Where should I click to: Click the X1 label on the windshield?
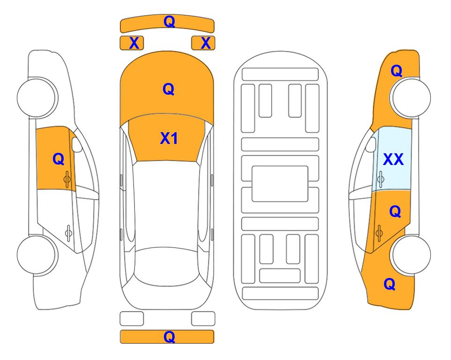click(169, 138)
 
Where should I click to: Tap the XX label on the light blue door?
click(393, 159)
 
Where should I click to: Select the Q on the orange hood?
click(169, 89)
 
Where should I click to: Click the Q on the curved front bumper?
click(169, 21)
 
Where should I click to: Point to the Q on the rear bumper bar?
click(169, 337)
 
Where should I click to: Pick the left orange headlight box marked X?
click(132, 43)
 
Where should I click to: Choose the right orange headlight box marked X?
click(203, 43)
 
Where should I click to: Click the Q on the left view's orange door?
click(59, 159)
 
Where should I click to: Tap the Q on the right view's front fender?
click(396, 71)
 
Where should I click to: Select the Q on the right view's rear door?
click(395, 211)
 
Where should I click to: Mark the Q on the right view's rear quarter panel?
click(390, 284)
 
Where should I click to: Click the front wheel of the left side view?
click(37, 97)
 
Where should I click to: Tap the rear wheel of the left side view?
click(37, 255)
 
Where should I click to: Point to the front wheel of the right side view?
click(410, 97)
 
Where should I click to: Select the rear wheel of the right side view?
click(410, 255)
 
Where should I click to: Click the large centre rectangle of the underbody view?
click(280, 184)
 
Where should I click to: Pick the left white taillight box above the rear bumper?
click(132, 319)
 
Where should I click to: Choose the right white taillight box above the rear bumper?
click(203, 319)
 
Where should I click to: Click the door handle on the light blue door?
click(381, 180)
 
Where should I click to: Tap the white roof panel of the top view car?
click(166, 205)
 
